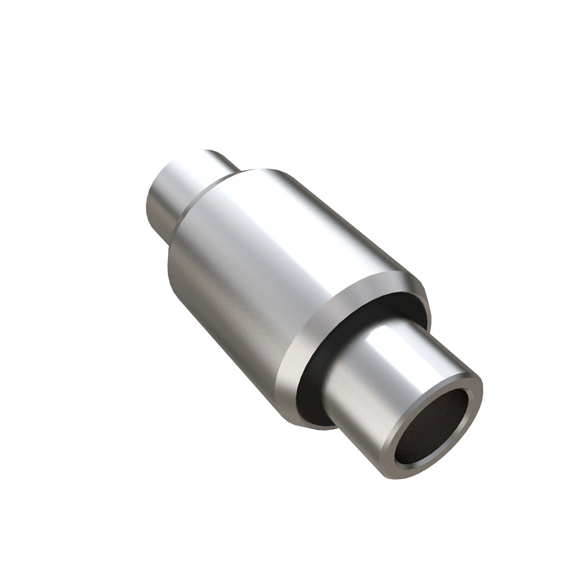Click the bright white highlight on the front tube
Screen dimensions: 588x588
[387, 338]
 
